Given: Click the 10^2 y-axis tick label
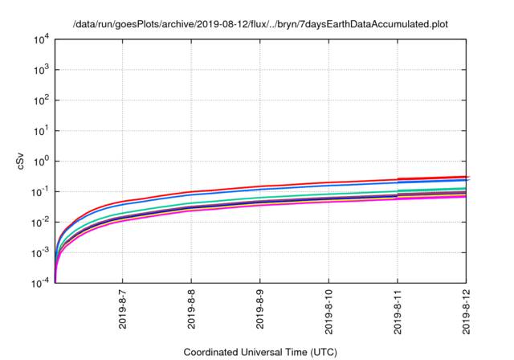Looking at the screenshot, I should click(x=41, y=100).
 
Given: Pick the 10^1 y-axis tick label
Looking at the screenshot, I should click(x=41, y=130).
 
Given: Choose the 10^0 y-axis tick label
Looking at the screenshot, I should click(x=41, y=161).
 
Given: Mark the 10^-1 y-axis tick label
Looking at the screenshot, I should click(x=40, y=191).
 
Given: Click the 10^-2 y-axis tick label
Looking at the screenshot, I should click(x=40, y=222).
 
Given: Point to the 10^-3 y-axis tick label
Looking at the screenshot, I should click(x=40, y=252).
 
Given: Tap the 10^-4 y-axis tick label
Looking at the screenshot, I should click(x=40, y=283).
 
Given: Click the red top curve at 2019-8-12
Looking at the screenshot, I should click(x=466, y=177).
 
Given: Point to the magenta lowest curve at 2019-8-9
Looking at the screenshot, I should click(x=260, y=204).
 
